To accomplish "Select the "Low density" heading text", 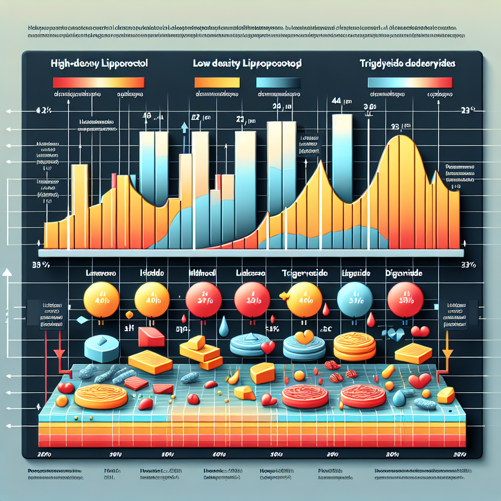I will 248,64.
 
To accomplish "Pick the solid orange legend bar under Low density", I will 217,82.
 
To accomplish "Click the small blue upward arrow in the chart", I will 184,128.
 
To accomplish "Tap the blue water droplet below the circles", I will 224,327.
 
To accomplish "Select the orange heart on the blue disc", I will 304,337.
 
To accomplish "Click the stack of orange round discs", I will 355,346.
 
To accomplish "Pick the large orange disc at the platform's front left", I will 100,396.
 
